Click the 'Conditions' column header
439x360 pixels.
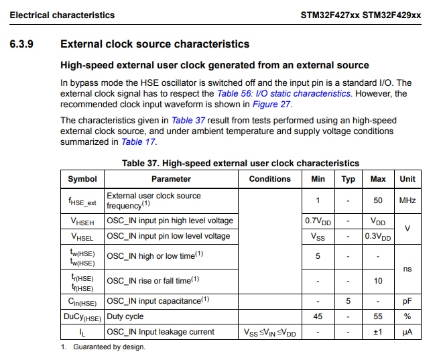[269, 179]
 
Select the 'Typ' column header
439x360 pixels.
[349, 179]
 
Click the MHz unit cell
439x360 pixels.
[407, 200]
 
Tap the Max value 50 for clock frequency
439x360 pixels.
[378, 200]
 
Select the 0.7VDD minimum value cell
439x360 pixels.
[318, 221]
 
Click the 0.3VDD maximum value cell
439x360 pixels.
[378, 236]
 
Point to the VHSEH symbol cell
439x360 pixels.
[82, 221]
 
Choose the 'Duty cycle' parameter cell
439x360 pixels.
[125, 316]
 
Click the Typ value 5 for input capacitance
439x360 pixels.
[349, 301]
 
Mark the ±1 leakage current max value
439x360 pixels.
[378, 332]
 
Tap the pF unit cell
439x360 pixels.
[407, 301]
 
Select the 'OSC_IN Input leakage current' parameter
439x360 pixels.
[161, 332]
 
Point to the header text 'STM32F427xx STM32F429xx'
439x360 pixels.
[361, 15]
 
